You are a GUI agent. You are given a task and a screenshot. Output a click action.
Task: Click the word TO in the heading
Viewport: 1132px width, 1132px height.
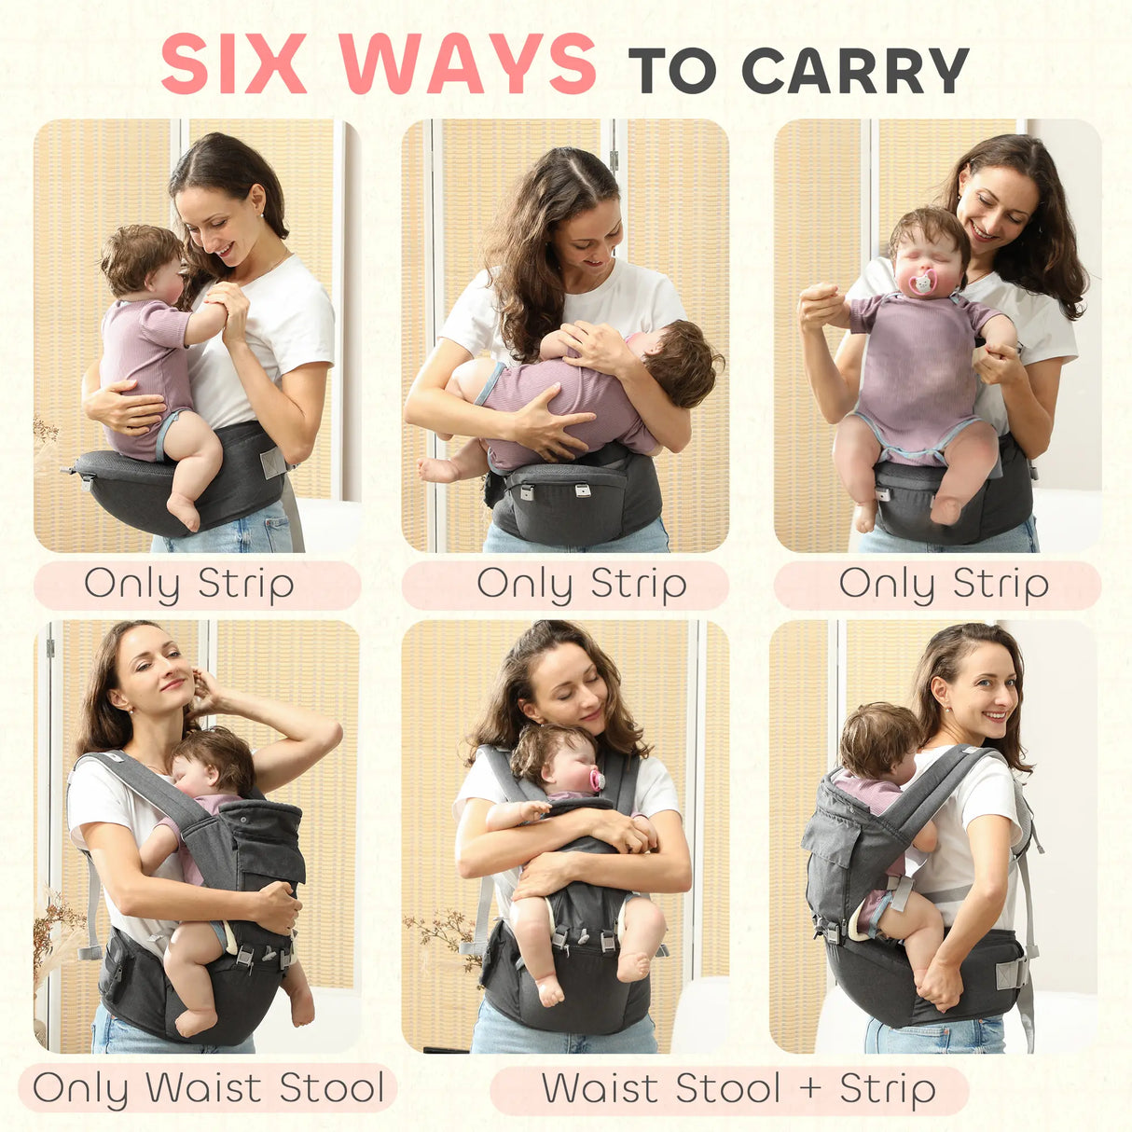672,69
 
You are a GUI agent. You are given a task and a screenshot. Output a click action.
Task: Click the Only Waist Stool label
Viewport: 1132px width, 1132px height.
208,1088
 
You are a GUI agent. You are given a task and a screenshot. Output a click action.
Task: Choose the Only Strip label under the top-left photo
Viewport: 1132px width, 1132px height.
189,585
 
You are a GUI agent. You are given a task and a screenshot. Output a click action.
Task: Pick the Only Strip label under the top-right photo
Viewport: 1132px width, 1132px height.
944,585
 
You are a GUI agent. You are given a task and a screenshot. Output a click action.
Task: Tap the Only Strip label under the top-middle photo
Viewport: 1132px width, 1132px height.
582,585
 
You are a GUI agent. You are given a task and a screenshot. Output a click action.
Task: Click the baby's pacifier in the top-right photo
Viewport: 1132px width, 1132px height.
923,283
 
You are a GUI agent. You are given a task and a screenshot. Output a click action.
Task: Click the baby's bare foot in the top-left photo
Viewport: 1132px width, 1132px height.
183,512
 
